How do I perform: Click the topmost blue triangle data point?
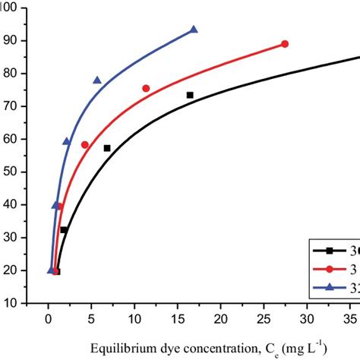(194, 30)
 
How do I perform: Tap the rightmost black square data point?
(190, 95)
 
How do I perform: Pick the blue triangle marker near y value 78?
(97, 80)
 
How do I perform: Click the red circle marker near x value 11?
(146, 88)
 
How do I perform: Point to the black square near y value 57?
(107, 148)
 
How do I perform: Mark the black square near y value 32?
(64, 229)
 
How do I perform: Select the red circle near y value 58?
(85, 144)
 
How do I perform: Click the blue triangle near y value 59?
(67, 141)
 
